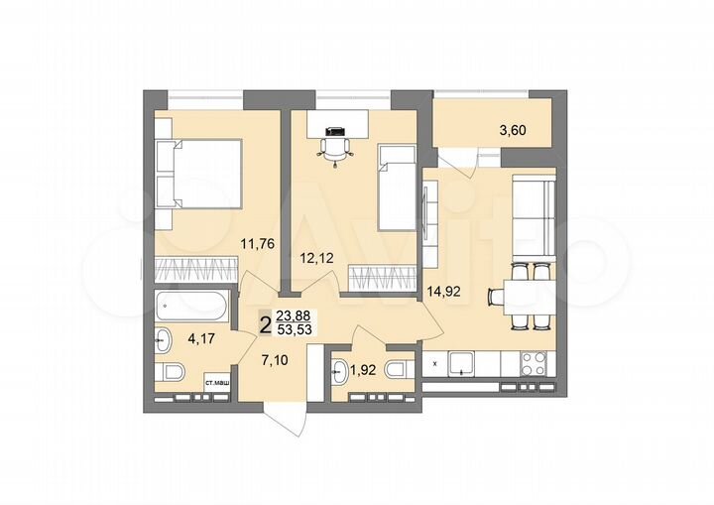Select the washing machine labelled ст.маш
pyautogui.click(x=218, y=381)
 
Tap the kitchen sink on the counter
pyautogui.click(x=463, y=363)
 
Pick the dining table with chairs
pyautogui.click(x=520, y=294)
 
